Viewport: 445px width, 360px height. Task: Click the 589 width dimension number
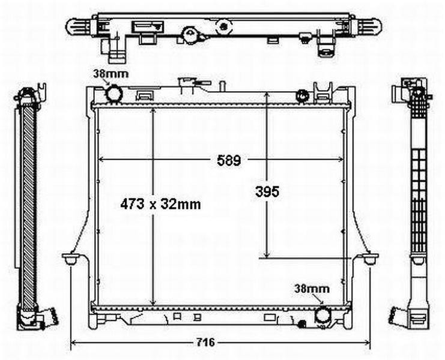pos(229,160)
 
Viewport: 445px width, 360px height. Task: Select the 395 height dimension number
pos(267,191)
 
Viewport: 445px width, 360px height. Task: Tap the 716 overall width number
pos(206,343)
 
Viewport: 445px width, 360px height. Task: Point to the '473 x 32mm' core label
pos(160,204)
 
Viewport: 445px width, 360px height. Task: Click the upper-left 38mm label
pos(111,74)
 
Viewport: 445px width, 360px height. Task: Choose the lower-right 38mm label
pos(312,289)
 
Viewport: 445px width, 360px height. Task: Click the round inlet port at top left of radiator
pos(114,93)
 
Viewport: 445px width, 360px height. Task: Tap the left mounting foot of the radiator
pos(71,259)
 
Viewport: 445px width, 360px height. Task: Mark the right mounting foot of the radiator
pos(369,259)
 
